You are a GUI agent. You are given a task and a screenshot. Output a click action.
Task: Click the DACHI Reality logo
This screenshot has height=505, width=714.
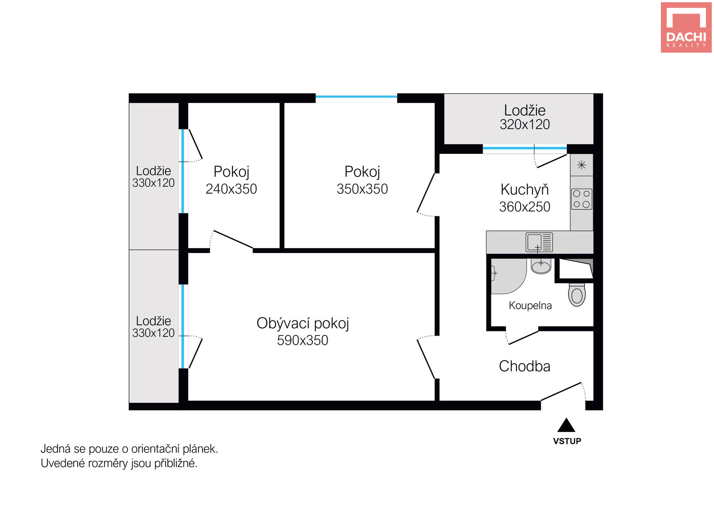click(x=686, y=27)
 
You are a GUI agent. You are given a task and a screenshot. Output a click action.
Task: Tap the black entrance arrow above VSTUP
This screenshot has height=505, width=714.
click(x=566, y=425)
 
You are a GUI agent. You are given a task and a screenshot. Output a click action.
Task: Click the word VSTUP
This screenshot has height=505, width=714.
click(x=567, y=441)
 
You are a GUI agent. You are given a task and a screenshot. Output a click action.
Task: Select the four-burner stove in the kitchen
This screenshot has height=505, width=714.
click(x=582, y=199)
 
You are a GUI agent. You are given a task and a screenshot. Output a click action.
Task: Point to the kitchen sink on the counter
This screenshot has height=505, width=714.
click(x=540, y=243)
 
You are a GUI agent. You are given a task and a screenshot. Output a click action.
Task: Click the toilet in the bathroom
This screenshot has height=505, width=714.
click(x=577, y=295)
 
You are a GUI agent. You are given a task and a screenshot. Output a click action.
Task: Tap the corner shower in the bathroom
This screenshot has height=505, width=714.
click(x=509, y=276)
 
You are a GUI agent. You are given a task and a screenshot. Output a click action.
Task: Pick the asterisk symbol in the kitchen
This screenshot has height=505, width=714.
click(x=582, y=165)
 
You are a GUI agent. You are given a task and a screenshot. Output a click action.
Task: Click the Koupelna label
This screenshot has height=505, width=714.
click(x=530, y=306)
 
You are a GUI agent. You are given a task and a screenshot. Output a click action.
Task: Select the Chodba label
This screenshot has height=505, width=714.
click(x=525, y=366)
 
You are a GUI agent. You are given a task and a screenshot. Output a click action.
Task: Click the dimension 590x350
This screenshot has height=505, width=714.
click(x=303, y=340)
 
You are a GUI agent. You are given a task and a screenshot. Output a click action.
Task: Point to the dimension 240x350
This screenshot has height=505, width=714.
click(x=231, y=189)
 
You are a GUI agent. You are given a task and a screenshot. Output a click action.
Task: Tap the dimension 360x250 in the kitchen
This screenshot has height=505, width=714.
click(x=525, y=207)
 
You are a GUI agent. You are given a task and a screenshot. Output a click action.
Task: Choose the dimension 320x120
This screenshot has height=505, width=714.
click(x=525, y=124)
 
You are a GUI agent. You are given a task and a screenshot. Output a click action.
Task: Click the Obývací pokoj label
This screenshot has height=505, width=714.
click(x=303, y=324)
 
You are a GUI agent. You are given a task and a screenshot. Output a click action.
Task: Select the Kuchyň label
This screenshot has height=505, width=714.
click(x=525, y=190)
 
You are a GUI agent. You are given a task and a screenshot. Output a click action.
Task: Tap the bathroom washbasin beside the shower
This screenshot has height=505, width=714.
click(x=541, y=266)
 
